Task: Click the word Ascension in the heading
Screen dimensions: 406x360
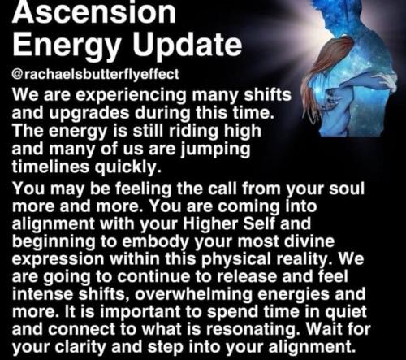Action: tap(94, 12)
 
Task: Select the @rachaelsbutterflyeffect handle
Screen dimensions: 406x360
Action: tap(95, 74)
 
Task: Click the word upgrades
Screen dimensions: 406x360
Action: tap(89, 113)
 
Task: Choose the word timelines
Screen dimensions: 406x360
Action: tap(50, 166)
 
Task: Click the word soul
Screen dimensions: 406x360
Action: tap(347, 189)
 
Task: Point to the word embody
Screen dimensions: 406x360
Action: tap(155, 242)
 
